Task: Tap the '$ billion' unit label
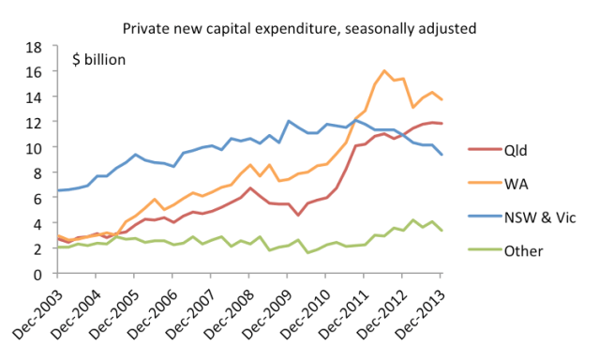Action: (x=99, y=60)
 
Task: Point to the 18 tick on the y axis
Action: (x=35, y=47)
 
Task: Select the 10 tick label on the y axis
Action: (x=35, y=148)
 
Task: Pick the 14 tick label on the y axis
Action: (x=35, y=97)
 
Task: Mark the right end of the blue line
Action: (x=442, y=155)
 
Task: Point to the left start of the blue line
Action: (x=57, y=190)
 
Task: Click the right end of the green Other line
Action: (x=442, y=231)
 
